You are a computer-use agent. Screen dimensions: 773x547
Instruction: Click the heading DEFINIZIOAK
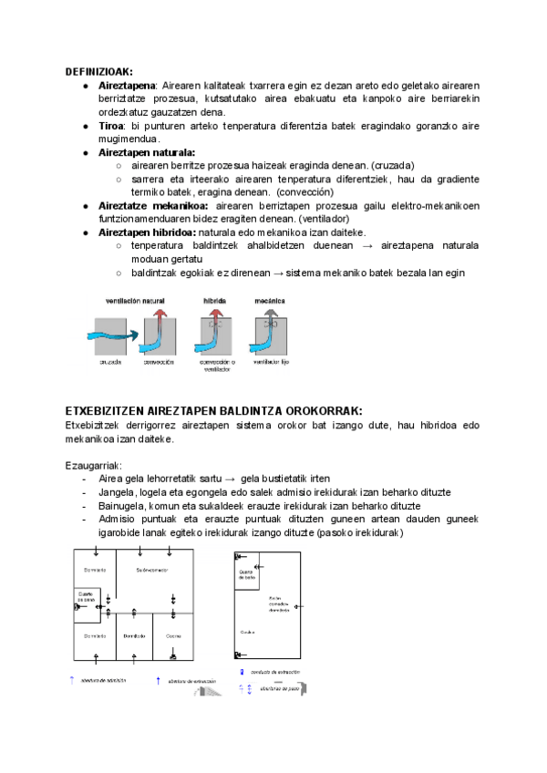click(x=98, y=71)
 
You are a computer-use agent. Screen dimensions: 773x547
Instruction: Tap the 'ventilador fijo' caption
click(x=271, y=362)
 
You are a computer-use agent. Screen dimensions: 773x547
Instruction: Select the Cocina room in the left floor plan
click(x=174, y=635)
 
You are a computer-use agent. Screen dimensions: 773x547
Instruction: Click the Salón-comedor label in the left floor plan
click(x=152, y=571)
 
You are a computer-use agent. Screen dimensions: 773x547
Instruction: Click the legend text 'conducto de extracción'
click(x=275, y=672)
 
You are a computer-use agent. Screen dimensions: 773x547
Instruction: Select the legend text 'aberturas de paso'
click(x=278, y=688)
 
